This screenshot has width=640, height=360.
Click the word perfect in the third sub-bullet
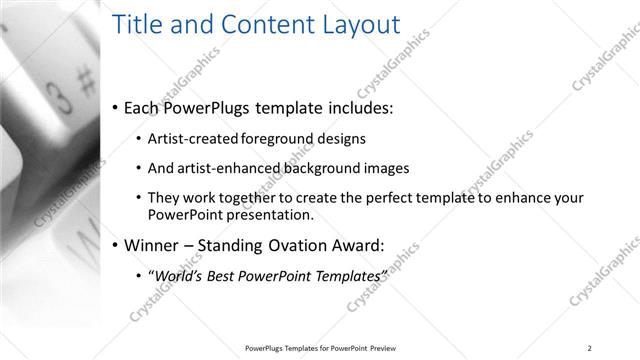click(376, 199)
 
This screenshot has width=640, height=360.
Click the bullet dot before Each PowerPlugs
click(117, 107)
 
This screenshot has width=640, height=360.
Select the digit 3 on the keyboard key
click(59, 98)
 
